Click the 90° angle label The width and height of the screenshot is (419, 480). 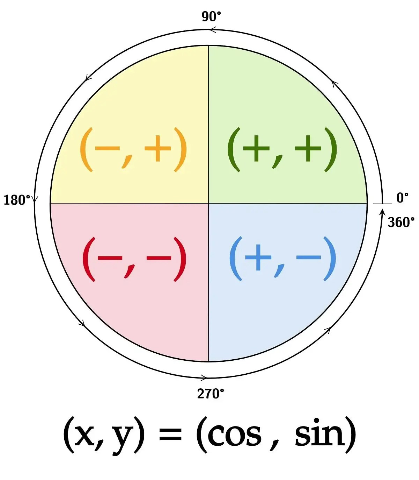(x=211, y=16)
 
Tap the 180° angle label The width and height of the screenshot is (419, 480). (x=17, y=200)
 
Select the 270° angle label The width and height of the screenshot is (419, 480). (x=211, y=394)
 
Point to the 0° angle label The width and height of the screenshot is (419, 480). (x=402, y=198)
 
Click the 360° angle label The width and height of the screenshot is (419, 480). (x=401, y=222)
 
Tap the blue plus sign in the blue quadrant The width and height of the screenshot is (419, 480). (x=258, y=258)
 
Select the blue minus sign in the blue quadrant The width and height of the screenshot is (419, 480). (x=308, y=258)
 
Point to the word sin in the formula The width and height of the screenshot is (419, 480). (x=319, y=433)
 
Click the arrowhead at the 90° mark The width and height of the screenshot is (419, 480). (x=212, y=30)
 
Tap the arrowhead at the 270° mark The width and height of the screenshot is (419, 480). (x=204, y=377)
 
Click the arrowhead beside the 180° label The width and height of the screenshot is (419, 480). (x=35, y=200)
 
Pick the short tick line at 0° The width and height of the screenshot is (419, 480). (x=382, y=203)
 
